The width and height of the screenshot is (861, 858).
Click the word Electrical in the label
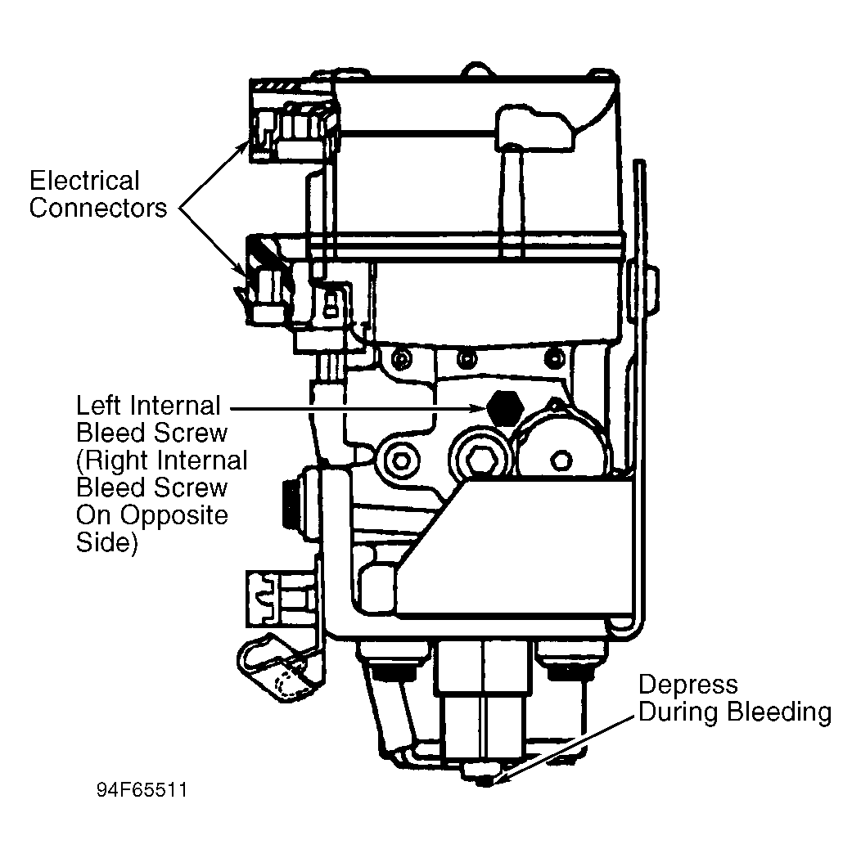(x=84, y=181)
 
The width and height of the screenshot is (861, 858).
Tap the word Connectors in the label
(x=98, y=208)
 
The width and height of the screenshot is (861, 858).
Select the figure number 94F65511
(x=142, y=790)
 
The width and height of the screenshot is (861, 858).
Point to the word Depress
(x=688, y=685)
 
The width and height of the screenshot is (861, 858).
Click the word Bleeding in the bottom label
(x=779, y=712)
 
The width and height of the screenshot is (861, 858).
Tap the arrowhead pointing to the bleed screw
(x=478, y=409)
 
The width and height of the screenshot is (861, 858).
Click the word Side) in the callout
(x=106, y=543)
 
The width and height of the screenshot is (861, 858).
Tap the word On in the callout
(x=94, y=515)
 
